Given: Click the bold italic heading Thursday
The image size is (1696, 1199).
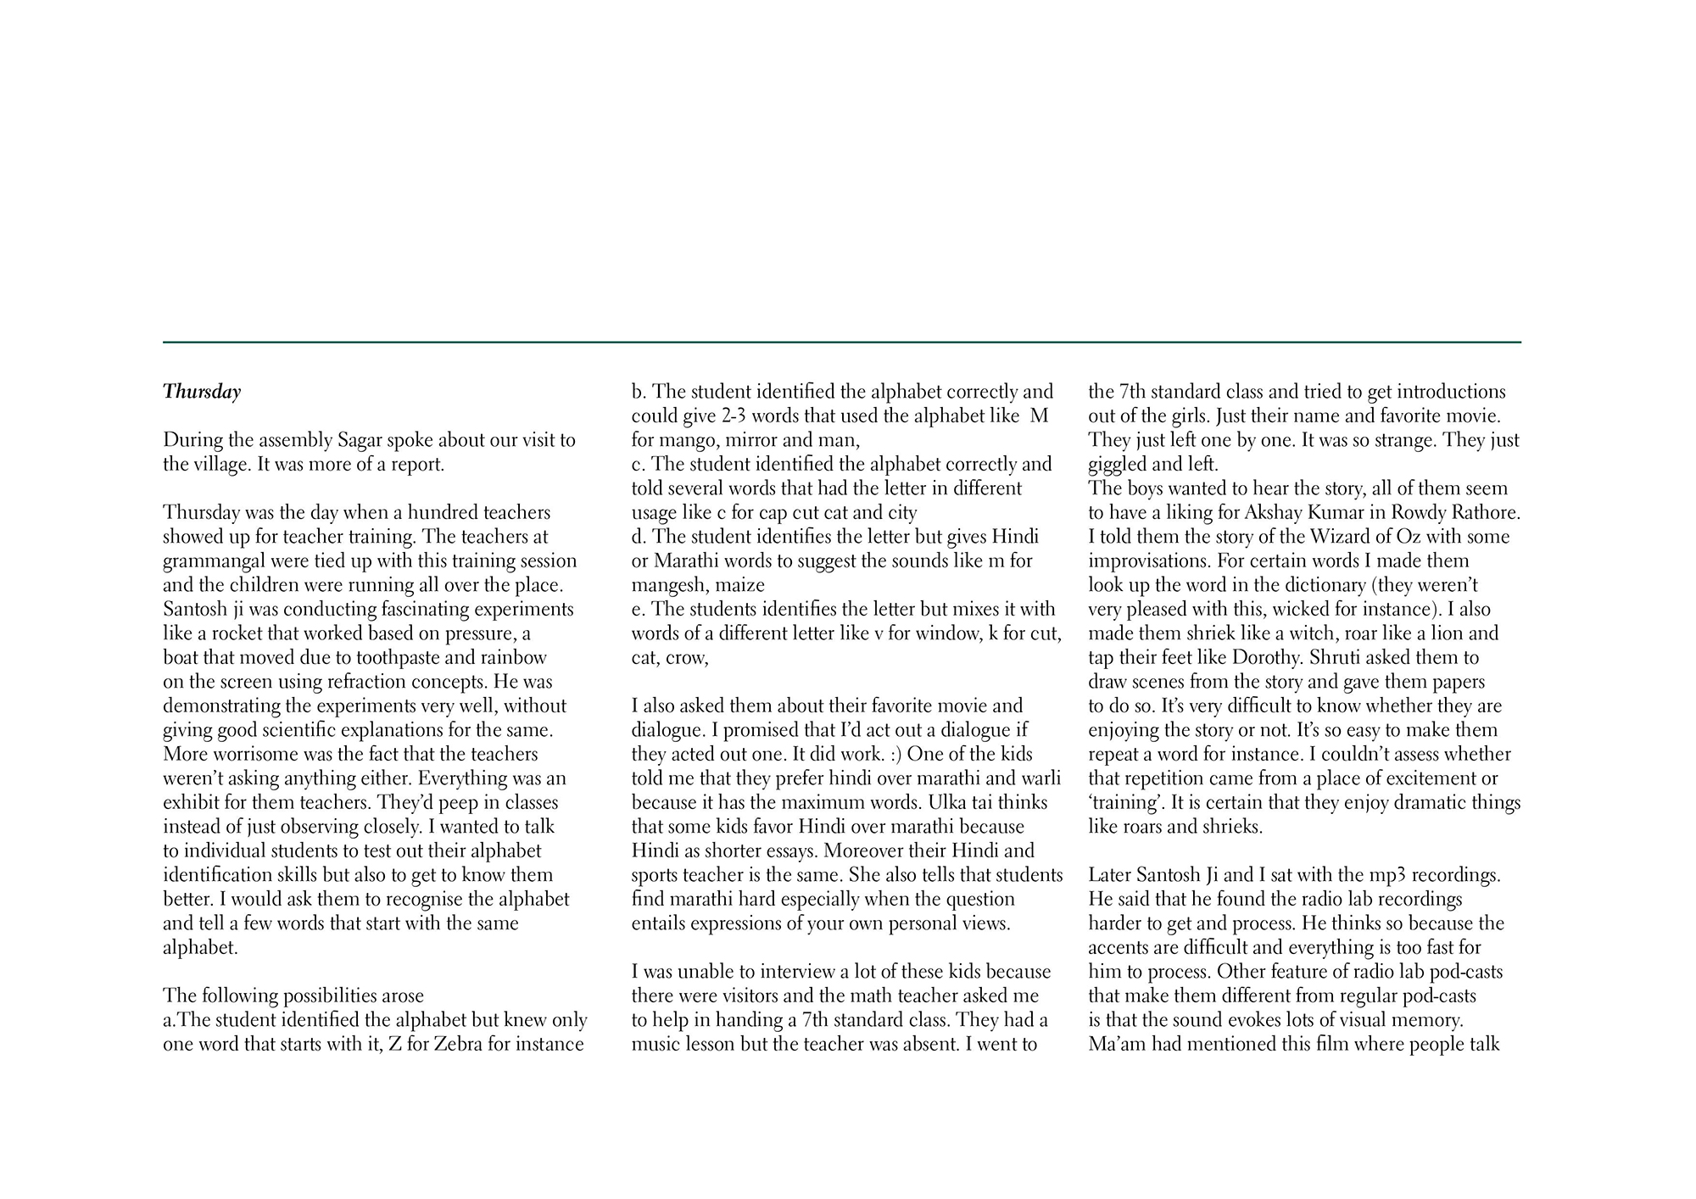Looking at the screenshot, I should click(x=202, y=392).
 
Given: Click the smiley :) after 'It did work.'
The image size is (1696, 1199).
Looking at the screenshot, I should click(x=889, y=755).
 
